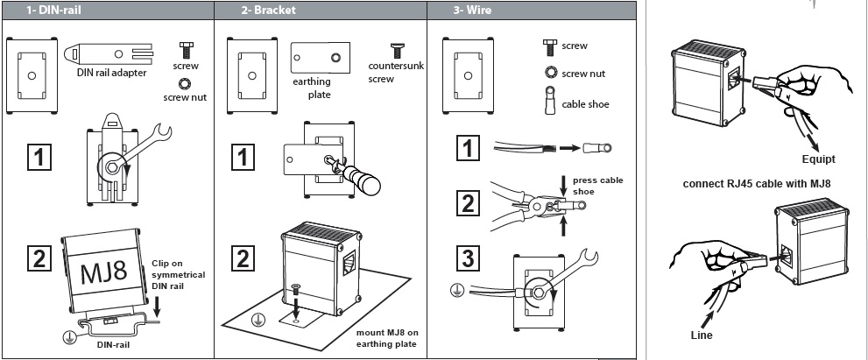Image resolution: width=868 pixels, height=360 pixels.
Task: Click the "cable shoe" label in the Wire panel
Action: [x=585, y=104]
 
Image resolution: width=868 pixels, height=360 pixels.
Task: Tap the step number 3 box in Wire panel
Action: [x=468, y=259]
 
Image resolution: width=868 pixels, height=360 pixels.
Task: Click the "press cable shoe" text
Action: [x=595, y=186]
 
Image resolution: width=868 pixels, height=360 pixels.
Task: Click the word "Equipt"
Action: [x=818, y=159]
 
